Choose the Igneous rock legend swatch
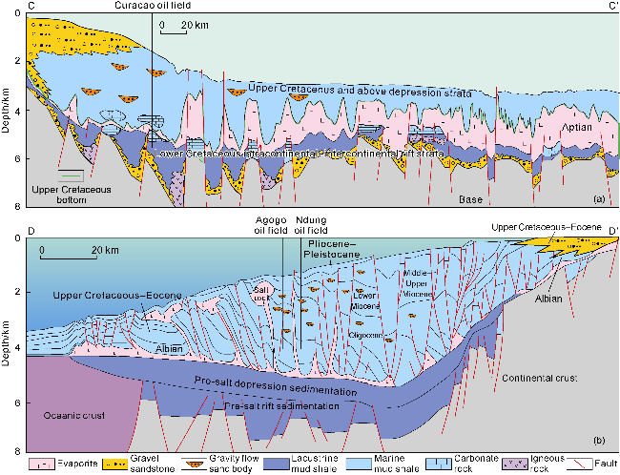tap(506, 460)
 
